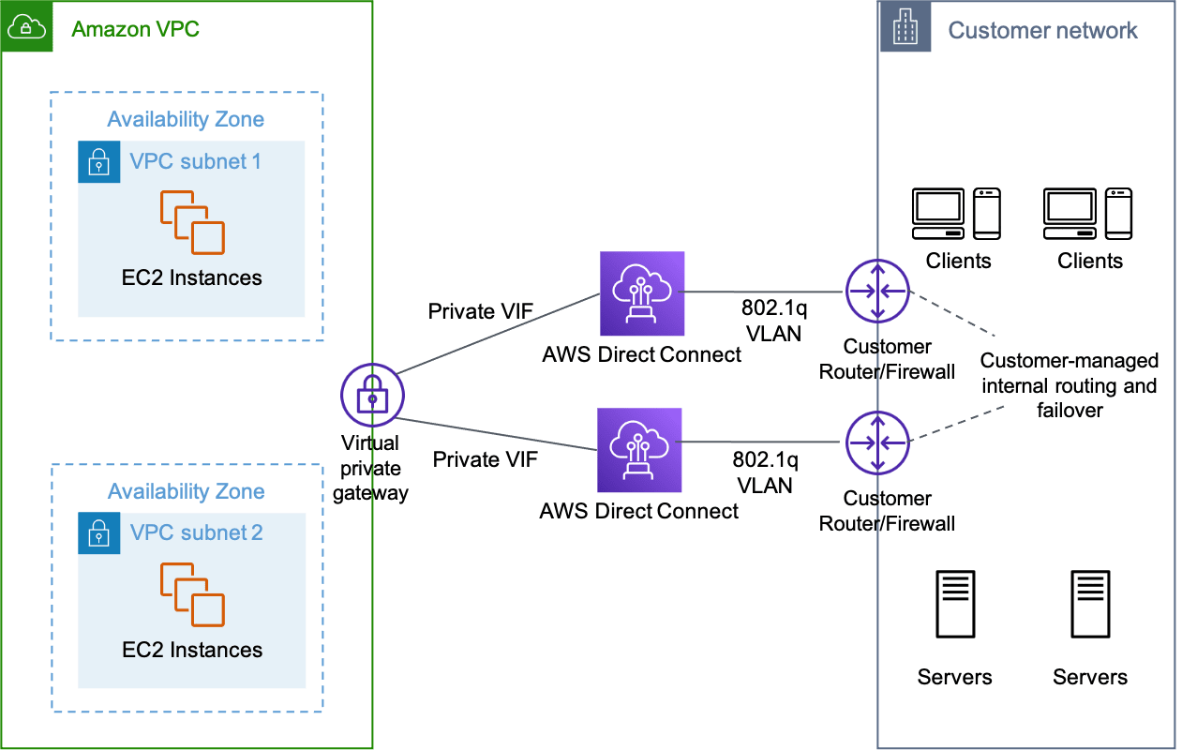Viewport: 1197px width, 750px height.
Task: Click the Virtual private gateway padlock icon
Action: coord(372,397)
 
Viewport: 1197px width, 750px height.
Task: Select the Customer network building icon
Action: coord(905,28)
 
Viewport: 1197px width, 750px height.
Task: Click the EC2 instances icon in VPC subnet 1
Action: coord(191,222)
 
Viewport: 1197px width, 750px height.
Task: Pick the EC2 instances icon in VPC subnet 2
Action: coord(191,594)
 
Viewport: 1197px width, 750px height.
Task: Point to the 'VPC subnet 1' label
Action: coord(195,161)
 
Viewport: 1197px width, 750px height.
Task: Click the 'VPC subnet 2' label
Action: coord(196,532)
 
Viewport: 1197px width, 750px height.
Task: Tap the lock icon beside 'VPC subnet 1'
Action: coord(98,162)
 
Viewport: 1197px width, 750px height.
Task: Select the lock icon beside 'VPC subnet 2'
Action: coord(98,533)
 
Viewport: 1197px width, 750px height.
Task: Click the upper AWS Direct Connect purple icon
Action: coord(642,293)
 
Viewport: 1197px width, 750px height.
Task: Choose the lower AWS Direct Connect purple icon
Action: coord(639,450)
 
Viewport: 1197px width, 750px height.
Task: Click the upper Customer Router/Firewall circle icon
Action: coord(877,292)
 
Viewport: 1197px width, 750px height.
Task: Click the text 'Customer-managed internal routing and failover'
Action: coord(1070,385)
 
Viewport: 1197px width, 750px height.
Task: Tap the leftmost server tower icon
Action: coord(954,605)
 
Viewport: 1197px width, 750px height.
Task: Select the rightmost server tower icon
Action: coord(1090,605)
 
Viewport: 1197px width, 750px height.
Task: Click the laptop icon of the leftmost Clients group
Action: coord(938,213)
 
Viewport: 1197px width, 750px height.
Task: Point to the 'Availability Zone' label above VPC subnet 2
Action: coord(186,491)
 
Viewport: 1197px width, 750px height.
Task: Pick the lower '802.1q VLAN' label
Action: coord(765,472)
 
